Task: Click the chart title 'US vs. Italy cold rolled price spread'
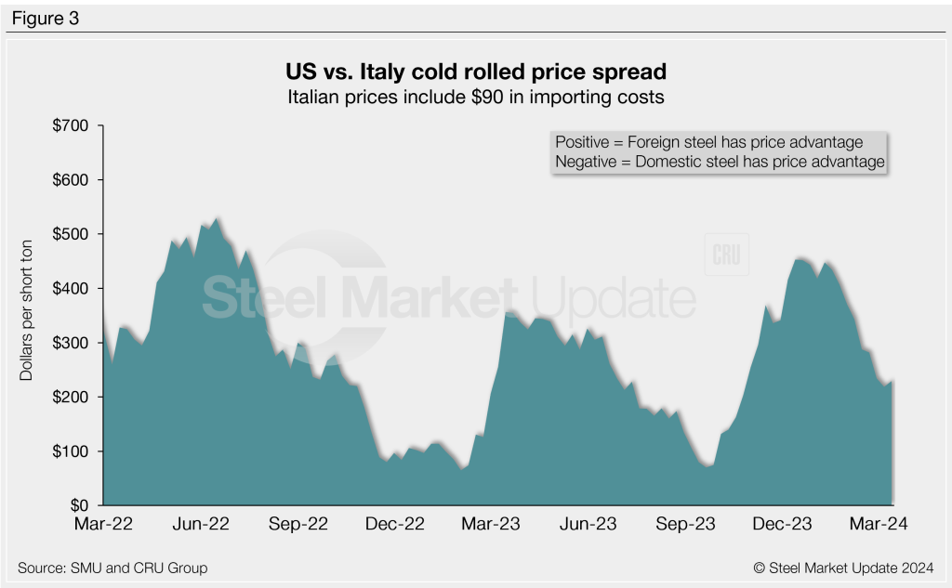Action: [x=475, y=71]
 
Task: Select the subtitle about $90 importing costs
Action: [x=475, y=95]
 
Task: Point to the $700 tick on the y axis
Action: [x=71, y=125]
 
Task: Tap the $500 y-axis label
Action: [x=71, y=234]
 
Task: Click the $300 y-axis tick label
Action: [x=71, y=343]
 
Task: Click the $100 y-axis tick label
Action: [x=71, y=451]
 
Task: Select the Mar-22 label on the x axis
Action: [x=102, y=525]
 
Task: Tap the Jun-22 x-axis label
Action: [x=203, y=525]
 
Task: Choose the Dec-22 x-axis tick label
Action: [x=394, y=525]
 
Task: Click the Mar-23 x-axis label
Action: [x=492, y=525]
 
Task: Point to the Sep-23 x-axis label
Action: [x=685, y=525]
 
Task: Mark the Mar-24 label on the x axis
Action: [x=879, y=525]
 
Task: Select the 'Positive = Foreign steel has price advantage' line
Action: [x=708, y=142]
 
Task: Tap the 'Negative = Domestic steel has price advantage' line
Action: [x=719, y=162]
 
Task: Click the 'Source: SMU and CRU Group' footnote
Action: [x=112, y=568]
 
